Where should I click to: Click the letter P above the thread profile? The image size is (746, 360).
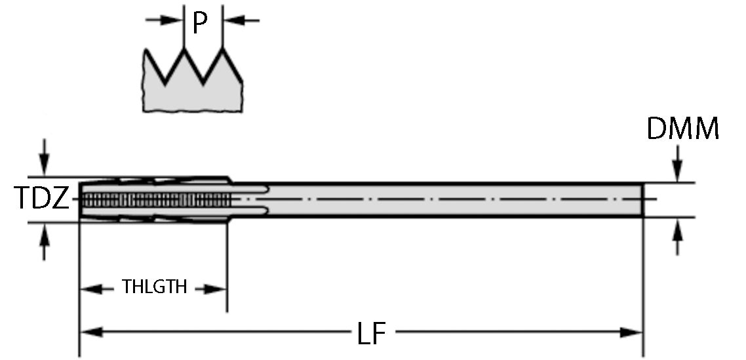(200, 22)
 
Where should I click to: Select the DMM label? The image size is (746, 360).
(682, 129)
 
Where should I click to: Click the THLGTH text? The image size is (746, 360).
(155, 287)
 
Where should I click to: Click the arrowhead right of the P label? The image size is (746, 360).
(231, 20)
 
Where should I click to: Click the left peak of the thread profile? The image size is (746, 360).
(184, 49)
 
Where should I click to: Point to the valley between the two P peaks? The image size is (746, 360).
(204, 83)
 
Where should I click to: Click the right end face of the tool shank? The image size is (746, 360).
(642, 199)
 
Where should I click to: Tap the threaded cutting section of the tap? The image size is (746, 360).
(154, 199)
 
